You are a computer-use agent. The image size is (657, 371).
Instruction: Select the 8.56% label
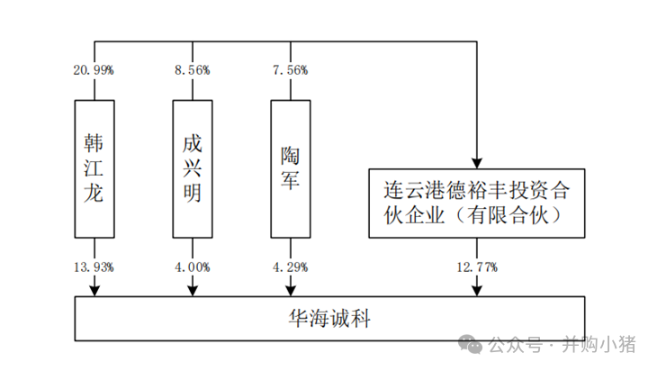[193, 70]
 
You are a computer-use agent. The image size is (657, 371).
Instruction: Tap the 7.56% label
[290, 70]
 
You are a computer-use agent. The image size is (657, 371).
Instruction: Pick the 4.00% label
[193, 267]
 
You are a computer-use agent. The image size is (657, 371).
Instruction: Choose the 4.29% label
[290, 267]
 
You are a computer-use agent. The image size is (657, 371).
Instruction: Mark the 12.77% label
[477, 267]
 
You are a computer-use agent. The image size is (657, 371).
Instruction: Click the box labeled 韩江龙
[94, 168]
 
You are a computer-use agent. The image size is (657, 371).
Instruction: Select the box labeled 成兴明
[192, 168]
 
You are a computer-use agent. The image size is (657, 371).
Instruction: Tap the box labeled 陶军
[290, 168]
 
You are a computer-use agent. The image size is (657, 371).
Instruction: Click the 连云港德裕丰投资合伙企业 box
[477, 203]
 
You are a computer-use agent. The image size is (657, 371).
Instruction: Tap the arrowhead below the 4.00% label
[193, 288]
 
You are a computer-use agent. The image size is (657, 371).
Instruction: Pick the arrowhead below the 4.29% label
[290, 288]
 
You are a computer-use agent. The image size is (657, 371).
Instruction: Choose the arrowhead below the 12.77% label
[477, 288]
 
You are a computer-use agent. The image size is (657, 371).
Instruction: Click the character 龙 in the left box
[94, 194]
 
